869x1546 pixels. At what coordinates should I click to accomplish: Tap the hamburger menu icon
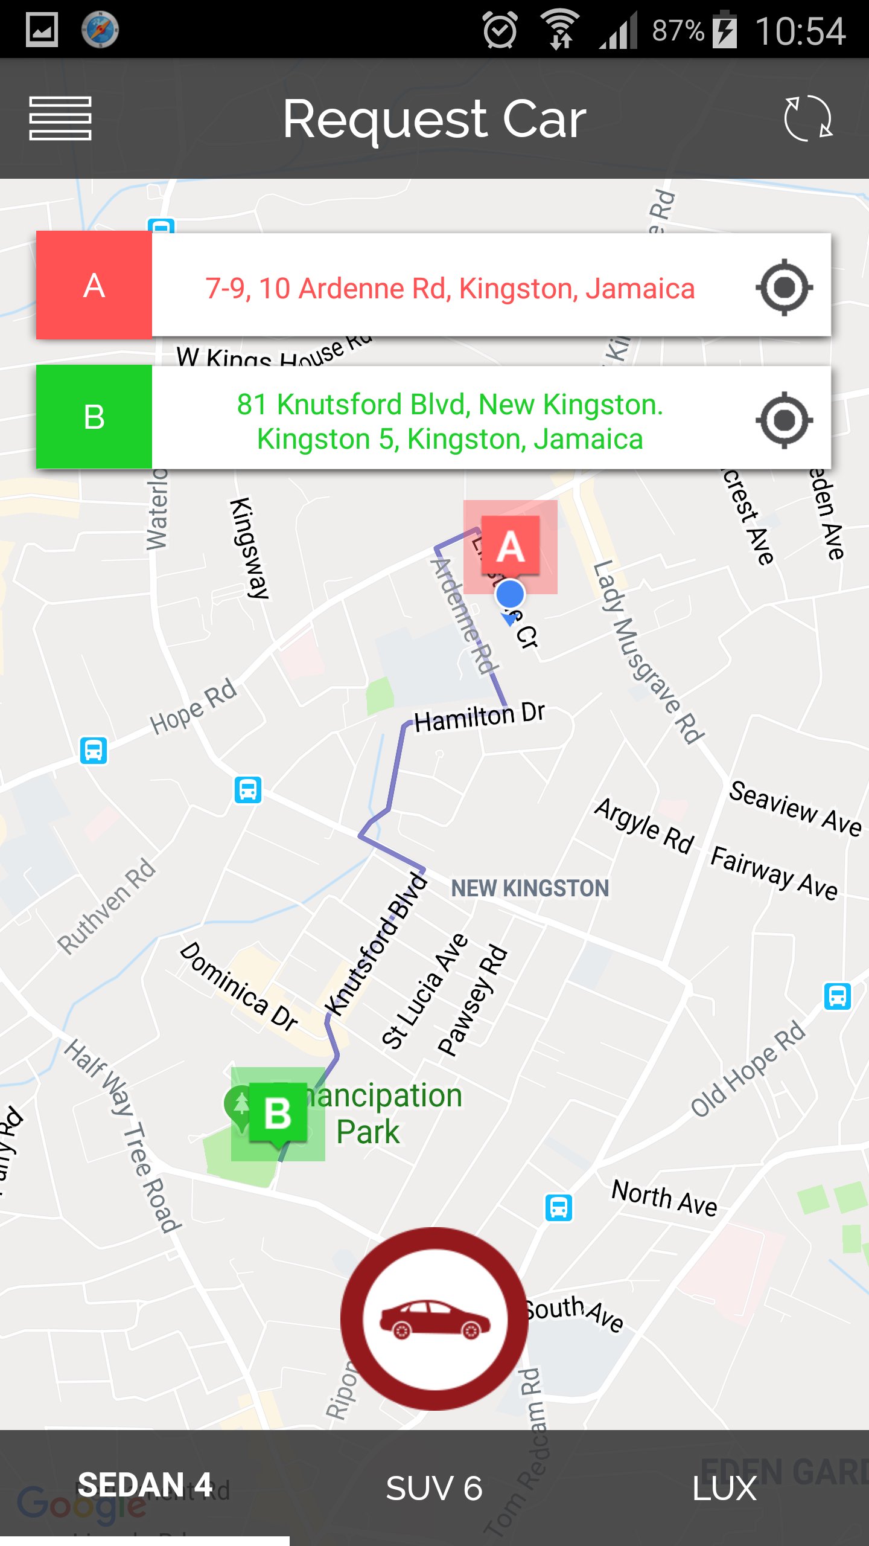click(60, 118)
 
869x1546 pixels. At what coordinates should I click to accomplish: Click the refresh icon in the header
click(808, 118)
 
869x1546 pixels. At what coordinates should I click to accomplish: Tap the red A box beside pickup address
click(94, 285)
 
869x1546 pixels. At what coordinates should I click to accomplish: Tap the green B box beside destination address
click(94, 417)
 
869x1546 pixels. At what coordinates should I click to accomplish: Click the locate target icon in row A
click(784, 287)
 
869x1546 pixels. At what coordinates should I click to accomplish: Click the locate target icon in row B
click(784, 420)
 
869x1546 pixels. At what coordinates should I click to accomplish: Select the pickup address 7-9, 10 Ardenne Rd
click(450, 288)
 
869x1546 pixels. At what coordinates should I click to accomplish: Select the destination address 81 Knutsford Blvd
click(450, 421)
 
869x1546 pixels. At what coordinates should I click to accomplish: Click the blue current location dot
click(511, 595)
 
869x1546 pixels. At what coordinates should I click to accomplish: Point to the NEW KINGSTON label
click(530, 888)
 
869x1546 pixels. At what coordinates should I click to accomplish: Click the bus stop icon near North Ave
click(559, 1208)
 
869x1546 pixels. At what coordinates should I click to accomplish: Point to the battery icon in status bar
click(725, 30)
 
